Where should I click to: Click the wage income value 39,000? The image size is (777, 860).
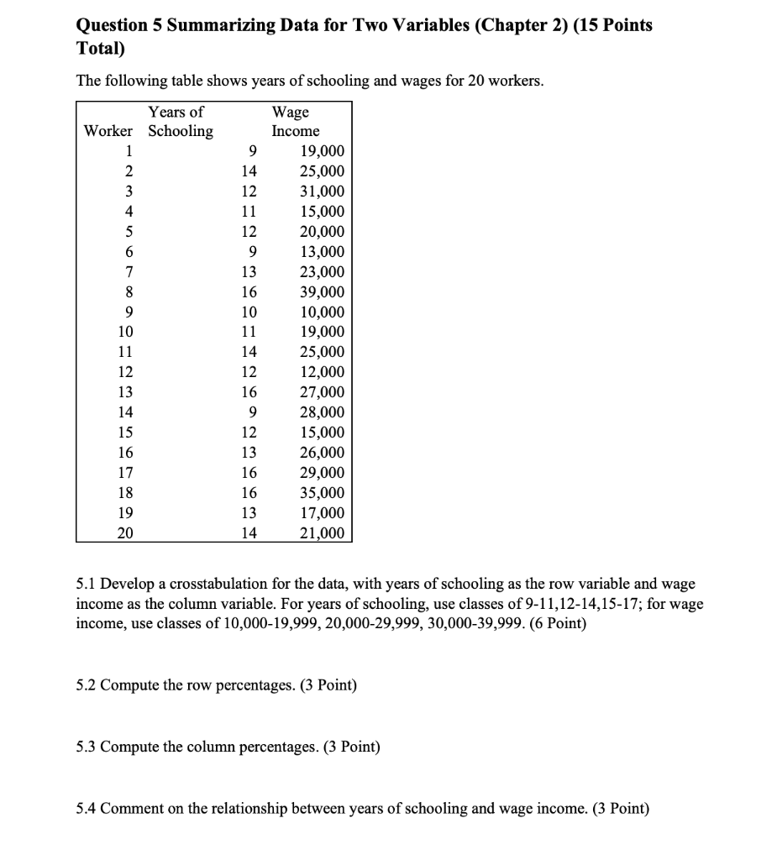point(322,292)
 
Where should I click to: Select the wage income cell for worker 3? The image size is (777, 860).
point(322,191)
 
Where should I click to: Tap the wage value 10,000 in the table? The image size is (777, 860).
point(322,312)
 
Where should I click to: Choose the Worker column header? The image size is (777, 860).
point(108,132)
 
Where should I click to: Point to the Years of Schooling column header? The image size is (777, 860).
point(180,122)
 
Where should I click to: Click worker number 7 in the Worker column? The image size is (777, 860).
point(128,272)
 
